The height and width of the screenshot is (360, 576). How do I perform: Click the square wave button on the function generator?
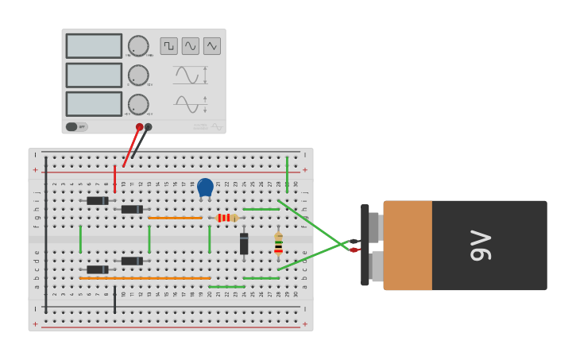(168, 46)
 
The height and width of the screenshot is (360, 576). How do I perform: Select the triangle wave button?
(212, 46)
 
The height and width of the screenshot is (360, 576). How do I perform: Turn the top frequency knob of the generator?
(138, 46)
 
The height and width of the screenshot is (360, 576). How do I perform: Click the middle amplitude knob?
(138, 75)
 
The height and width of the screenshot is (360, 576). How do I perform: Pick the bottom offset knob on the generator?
(138, 105)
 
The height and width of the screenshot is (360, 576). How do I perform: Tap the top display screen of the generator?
(94, 46)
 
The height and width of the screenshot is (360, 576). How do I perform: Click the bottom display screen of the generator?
(94, 104)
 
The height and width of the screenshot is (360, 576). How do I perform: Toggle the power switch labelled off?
(76, 126)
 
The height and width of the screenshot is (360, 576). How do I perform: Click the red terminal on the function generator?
(139, 127)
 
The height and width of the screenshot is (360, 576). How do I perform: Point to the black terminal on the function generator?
(149, 127)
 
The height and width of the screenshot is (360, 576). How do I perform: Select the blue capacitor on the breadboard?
(205, 188)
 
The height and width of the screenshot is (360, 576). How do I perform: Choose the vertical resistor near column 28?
(278, 244)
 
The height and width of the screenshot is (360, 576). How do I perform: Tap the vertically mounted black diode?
(244, 243)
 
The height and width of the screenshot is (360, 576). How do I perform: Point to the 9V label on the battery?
(481, 245)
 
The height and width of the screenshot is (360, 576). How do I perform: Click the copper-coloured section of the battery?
(408, 245)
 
